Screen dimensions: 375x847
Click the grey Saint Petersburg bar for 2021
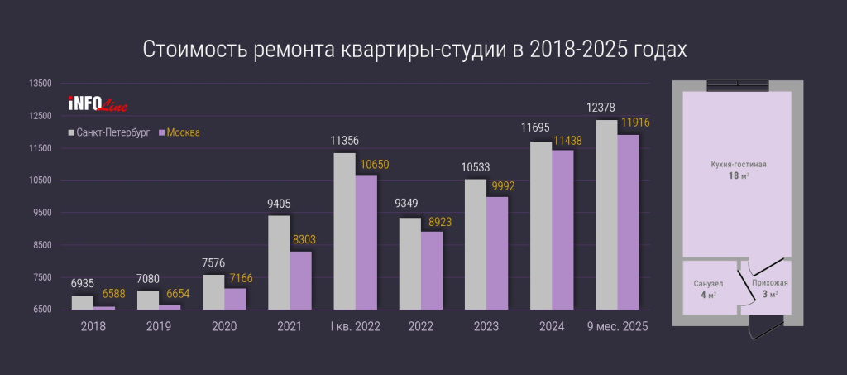click(x=279, y=262)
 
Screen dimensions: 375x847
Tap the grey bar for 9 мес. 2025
click(x=606, y=215)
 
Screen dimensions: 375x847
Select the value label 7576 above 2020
click(x=213, y=263)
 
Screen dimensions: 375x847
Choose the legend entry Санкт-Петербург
click(x=112, y=132)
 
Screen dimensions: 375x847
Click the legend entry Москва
click(x=184, y=132)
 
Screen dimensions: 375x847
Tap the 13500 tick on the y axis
click(x=41, y=84)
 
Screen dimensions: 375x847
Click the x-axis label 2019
click(x=158, y=327)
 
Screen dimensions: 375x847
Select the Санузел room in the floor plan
click(x=709, y=287)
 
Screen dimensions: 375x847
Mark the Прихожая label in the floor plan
click(x=768, y=284)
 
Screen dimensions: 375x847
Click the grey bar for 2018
click(x=83, y=302)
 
